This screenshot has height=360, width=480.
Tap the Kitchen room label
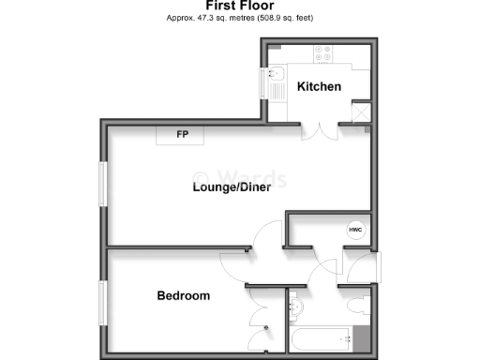[x=319, y=87]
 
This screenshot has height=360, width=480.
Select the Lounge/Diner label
[x=232, y=187]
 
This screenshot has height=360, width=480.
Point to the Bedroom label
[x=183, y=296]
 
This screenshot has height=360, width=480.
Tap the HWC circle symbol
[x=355, y=230]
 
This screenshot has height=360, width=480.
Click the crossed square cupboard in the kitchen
[x=359, y=112]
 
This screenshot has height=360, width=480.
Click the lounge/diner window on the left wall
[x=103, y=185]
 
